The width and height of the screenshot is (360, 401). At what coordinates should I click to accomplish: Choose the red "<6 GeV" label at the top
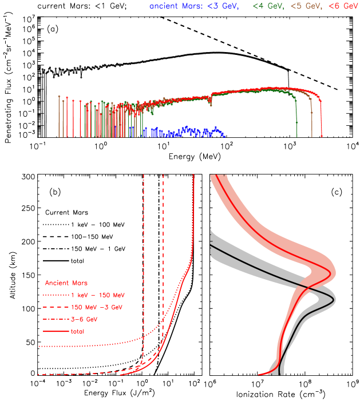(x=343, y=6)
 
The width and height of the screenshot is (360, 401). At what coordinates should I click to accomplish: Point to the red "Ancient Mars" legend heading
(x=66, y=283)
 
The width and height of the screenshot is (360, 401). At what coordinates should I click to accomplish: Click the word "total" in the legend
(x=77, y=331)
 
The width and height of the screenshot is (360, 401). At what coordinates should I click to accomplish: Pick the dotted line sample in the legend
(x=56, y=295)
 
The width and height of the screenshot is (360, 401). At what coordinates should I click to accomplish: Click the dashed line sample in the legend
(x=56, y=307)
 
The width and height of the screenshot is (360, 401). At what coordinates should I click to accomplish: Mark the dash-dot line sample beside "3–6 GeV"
(x=56, y=319)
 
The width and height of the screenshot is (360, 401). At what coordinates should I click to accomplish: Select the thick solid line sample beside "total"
(x=56, y=331)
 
